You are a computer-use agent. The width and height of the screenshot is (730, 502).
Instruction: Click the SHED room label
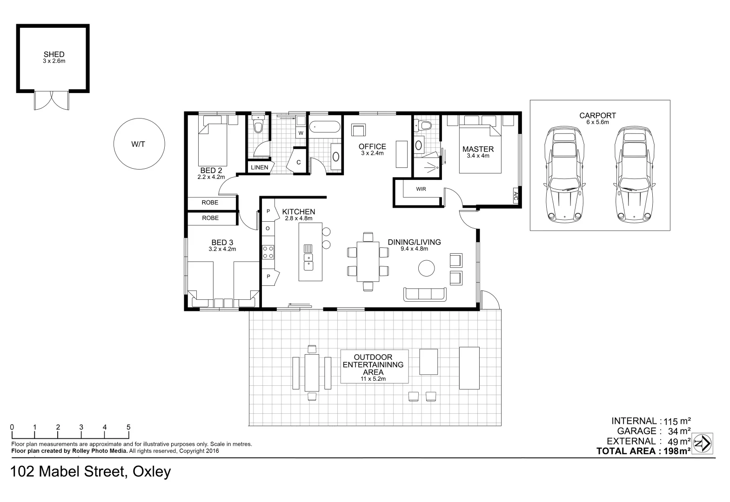click(54, 54)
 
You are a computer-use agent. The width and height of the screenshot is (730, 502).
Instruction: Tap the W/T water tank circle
click(139, 144)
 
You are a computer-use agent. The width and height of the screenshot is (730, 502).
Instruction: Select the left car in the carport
click(564, 174)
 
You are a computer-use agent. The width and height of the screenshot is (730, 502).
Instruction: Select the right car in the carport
click(634, 174)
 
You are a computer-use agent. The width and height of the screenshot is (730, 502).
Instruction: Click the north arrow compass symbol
click(702, 443)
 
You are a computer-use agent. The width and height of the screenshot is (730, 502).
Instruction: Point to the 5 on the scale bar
click(128, 427)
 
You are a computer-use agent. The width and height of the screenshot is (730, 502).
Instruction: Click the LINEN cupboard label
click(259, 167)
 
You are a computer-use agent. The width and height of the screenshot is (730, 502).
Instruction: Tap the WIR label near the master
click(421, 189)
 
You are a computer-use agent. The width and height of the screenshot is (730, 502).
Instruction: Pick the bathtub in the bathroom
click(325, 126)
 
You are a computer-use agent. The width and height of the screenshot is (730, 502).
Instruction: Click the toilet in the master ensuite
click(424, 125)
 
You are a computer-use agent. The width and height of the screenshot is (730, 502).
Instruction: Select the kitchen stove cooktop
click(268, 252)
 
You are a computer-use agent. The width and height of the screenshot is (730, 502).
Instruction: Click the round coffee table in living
click(426, 268)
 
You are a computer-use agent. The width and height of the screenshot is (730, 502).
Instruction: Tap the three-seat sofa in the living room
click(424, 294)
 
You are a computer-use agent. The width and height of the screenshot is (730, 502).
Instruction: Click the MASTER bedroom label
click(478, 149)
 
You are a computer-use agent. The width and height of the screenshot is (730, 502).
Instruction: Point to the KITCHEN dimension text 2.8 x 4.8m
click(298, 218)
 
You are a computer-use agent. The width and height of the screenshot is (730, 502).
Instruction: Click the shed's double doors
click(51, 100)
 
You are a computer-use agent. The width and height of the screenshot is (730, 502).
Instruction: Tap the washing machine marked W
click(301, 133)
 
